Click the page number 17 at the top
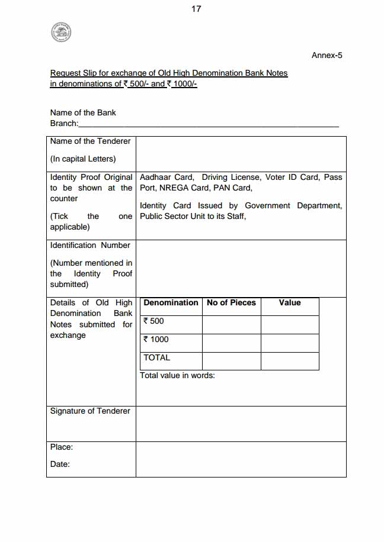coord(197,9)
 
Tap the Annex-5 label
coord(327,56)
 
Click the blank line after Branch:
coord(209,124)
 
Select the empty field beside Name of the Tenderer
coord(241,154)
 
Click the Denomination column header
coord(171,302)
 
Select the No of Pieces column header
coord(231,302)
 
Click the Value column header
coord(290,302)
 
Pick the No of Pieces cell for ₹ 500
coord(231,324)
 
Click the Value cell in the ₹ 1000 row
coord(290,343)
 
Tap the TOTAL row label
coord(157,357)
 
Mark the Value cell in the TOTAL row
coord(290,361)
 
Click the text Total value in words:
coord(177,375)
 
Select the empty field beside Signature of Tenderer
coord(241,424)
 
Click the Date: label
coord(60,464)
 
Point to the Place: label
coord(62,447)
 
